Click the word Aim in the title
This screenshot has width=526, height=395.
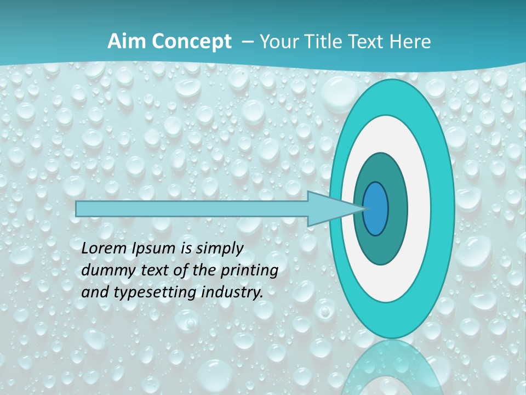123,42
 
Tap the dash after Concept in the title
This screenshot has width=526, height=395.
247,42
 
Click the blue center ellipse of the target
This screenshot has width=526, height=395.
376,208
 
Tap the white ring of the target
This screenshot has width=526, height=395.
419,208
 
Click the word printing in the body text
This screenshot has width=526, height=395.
249,271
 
